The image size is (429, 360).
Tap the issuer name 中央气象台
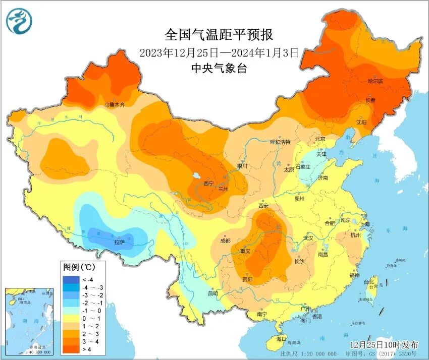(x=219, y=69)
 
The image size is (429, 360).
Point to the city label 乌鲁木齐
(x=115, y=105)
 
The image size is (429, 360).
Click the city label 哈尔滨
(x=374, y=81)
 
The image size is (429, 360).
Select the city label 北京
(x=320, y=139)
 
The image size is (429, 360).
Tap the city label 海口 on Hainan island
(x=281, y=339)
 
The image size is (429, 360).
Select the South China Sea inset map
(x=29, y=320)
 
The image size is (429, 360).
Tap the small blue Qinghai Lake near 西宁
(x=196, y=176)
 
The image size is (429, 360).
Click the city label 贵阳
(x=247, y=279)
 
